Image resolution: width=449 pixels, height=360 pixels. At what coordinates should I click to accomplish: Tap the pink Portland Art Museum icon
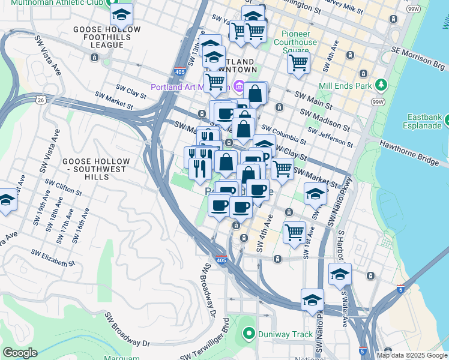point(239,87)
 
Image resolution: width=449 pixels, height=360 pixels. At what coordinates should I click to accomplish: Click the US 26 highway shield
point(40,98)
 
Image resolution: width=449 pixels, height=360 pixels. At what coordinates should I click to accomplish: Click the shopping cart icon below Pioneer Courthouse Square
point(298,61)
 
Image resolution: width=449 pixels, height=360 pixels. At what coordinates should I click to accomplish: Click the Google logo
point(20,353)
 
